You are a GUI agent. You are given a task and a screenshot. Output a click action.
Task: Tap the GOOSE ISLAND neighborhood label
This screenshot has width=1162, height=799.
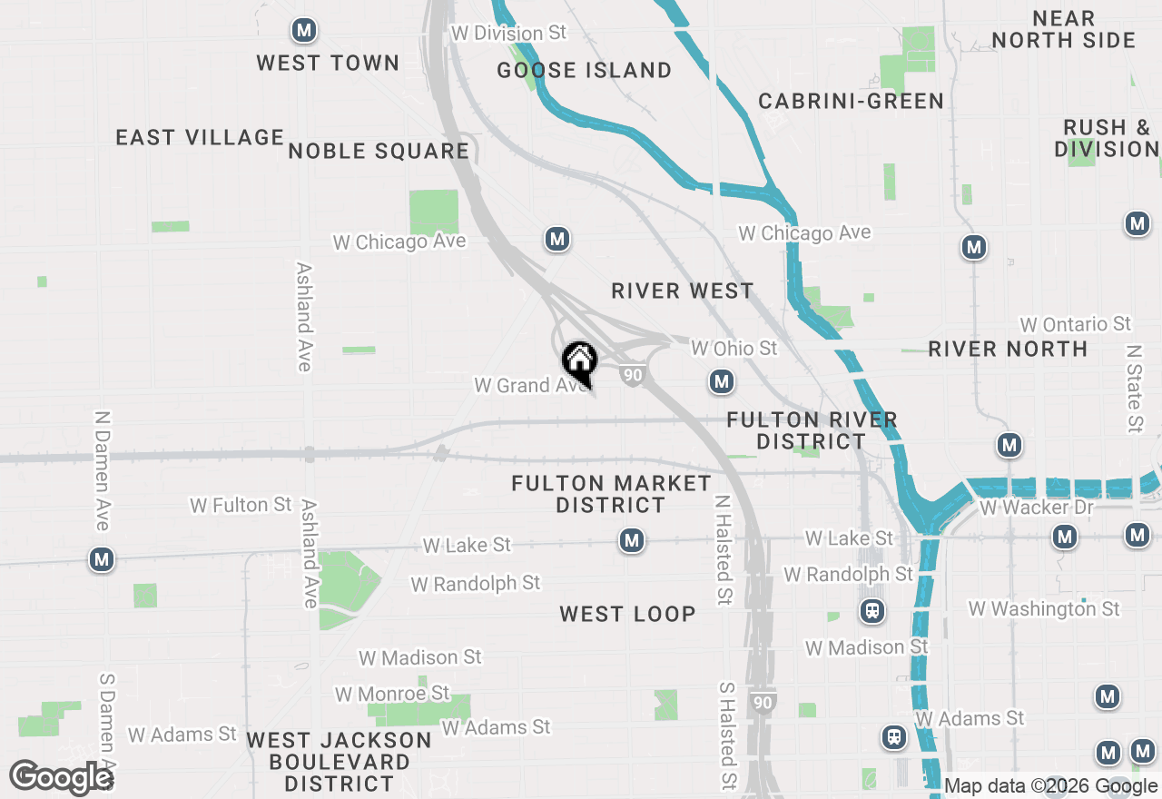pyautogui.click(x=585, y=70)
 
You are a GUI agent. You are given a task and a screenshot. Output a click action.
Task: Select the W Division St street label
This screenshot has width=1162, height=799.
pyautogui.click(x=508, y=33)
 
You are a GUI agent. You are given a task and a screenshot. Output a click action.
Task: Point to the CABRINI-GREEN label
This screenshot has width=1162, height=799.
pyautogui.click(x=851, y=101)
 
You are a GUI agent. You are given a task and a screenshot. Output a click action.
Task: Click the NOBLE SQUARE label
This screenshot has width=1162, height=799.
pyautogui.click(x=379, y=151)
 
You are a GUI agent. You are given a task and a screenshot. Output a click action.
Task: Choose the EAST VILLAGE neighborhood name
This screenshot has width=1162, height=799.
pyautogui.click(x=200, y=137)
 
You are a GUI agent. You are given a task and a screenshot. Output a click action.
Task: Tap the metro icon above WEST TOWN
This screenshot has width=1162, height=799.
pyautogui.click(x=303, y=31)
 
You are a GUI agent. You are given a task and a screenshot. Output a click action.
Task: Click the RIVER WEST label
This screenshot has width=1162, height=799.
pyautogui.click(x=682, y=291)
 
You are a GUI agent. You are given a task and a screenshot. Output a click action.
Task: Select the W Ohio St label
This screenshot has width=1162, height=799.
pyautogui.click(x=734, y=348)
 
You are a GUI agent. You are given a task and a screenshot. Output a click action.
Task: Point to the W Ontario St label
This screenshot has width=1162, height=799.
pyautogui.click(x=1075, y=324)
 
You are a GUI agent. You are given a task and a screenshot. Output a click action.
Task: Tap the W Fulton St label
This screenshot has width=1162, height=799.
pyautogui.click(x=241, y=504)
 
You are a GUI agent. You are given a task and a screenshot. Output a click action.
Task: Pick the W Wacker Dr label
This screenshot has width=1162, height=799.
pyautogui.click(x=1037, y=507)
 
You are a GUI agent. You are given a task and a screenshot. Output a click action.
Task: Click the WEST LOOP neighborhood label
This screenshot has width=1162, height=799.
pyautogui.click(x=627, y=614)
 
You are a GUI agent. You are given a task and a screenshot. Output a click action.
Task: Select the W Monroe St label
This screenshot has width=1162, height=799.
pyautogui.click(x=392, y=694)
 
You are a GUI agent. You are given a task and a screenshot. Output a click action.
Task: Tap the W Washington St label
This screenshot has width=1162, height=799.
pyautogui.click(x=1044, y=608)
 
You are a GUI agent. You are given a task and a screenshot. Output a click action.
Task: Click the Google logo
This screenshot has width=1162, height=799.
pyautogui.click(x=60, y=777)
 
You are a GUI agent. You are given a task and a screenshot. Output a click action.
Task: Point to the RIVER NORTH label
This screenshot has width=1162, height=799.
pyautogui.click(x=1008, y=349)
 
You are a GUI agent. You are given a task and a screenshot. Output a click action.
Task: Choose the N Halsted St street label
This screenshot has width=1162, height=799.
pyautogui.click(x=723, y=550)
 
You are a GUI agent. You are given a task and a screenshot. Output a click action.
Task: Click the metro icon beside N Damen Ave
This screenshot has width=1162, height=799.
pyautogui.click(x=102, y=559)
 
